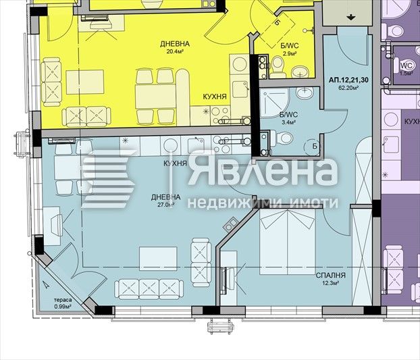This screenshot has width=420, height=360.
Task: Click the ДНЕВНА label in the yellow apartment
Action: point(175,45)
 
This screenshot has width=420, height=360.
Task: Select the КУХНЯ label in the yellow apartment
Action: point(215,97)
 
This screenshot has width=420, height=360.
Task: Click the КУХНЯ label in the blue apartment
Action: point(175,164)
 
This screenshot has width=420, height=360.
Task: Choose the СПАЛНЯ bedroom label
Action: point(330,276)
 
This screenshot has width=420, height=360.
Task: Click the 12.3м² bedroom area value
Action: point(330,284)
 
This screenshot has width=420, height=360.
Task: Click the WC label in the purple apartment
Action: point(406,65)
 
